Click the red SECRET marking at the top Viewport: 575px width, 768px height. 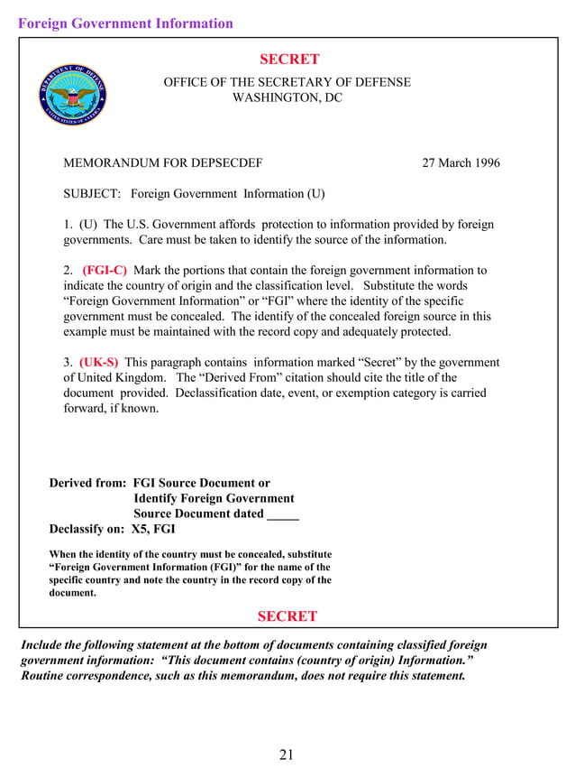288,60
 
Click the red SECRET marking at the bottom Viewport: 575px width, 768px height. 287,616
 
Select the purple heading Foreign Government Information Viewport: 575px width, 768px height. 125,23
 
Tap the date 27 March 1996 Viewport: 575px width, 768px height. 461,163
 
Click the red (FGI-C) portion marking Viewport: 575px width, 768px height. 105,270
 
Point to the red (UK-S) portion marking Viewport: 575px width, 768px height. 98,362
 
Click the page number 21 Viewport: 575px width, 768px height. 287,754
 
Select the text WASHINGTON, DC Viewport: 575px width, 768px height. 287,97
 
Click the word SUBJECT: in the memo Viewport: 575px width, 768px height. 92,194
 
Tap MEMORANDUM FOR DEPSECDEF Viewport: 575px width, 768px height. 162,163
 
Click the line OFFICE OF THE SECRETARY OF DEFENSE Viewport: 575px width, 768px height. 287,82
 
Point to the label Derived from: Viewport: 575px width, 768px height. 87,483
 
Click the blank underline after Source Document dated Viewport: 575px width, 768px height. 283,514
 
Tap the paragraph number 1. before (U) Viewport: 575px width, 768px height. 68,225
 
